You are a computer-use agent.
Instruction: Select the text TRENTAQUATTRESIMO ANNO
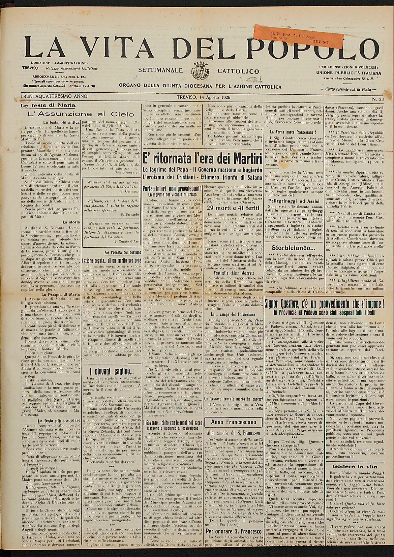click(54, 96)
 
